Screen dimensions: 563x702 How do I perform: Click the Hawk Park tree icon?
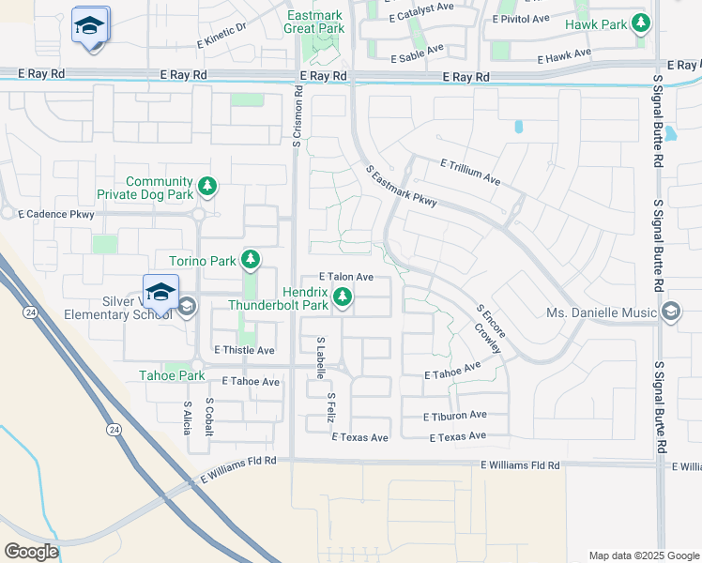click(x=642, y=23)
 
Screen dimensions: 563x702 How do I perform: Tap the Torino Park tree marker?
click(x=250, y=259)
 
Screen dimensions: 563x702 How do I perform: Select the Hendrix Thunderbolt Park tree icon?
click(x=343, y=298)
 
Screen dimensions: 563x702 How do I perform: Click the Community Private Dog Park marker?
click(x=207, y=188)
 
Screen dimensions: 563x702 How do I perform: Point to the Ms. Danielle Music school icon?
click(x=671, y=312)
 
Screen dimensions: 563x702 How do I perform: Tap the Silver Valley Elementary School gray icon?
click(x=187, y=307)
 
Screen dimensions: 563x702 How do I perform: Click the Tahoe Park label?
click(x=172, y=375)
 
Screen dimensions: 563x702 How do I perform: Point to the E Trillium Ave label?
click(x=470, y=171)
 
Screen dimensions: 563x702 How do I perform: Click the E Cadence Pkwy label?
click(x=56, y=214)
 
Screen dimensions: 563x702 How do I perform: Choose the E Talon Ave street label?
click(x=346, y=277)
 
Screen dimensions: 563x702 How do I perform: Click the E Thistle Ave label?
click(x=244, y=350)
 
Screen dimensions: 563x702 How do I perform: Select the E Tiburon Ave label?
click(x=455, y=415)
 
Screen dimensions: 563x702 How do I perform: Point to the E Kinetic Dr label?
click(x=221, y=36)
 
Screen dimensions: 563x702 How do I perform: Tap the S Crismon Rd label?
click(x=296, y=117)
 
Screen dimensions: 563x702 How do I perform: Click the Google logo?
click(x=31, y=552)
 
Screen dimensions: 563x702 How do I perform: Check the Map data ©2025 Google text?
click(x=643, y=555)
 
